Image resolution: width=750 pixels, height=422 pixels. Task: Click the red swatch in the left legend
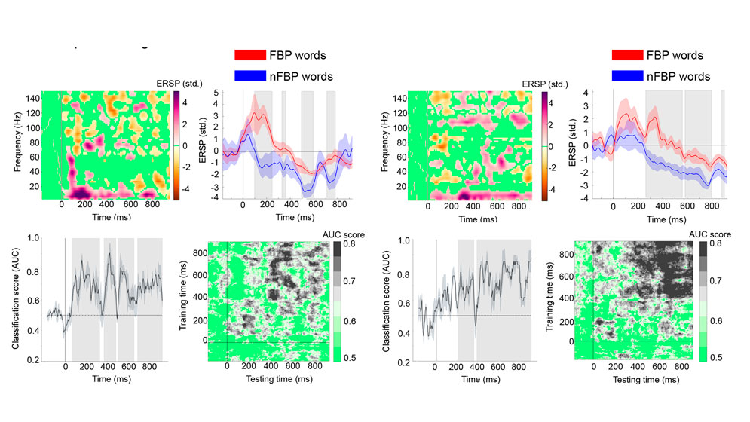[x=249, y=55]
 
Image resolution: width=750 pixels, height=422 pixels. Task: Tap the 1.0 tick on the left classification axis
[x=32, y=237]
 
